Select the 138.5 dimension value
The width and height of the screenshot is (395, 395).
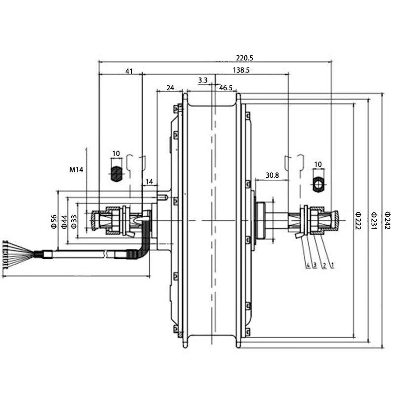pos(241,71)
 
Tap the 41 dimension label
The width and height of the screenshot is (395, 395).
pos(129,72)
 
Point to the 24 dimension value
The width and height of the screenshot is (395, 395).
pos(170,88)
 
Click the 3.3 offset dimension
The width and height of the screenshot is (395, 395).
pos(202,80)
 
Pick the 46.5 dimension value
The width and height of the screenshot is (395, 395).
pos(226,88)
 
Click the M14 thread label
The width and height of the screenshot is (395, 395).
pos(76,170)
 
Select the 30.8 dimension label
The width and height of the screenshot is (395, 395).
pos(272,175)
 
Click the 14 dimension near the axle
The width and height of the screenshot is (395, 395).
pos(149,182)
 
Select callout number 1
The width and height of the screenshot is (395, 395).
pos(332,266)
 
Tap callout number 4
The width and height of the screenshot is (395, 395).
pos(308,266)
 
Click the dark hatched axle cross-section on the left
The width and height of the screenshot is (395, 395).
pos(116,173)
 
